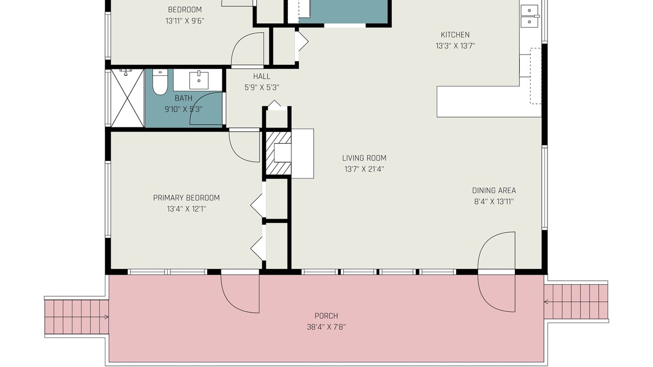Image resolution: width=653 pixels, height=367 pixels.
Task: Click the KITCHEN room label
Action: pos(455,35)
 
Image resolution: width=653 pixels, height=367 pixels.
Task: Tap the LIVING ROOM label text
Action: pos(364,158)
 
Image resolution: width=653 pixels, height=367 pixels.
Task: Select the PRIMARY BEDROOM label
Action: pos(186,198)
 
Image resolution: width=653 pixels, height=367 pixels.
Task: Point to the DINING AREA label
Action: pos(494,191)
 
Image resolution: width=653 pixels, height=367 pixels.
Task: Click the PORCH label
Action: pos(326,316)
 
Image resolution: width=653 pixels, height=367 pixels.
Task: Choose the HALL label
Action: pos(262,76)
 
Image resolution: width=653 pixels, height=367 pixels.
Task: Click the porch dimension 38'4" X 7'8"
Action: pos(326,327)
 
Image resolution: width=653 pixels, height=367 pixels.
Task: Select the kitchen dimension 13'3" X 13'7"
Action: pos(455,46)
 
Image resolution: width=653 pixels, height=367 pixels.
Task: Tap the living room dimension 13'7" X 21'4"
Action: pos(364,169)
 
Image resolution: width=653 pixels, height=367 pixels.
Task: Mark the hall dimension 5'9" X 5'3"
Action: pos(262,88)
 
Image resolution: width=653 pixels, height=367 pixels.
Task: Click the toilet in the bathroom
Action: pos(160,83)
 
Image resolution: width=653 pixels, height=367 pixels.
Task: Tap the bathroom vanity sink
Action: pos(199,80)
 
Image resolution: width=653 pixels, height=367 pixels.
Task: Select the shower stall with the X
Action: pos(128,98)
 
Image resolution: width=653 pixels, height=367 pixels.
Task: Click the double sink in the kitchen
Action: pos(530,16)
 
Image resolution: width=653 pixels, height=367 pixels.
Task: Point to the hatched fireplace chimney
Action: pos(278,153)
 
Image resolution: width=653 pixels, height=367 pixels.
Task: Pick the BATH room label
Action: pos(183,98)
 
